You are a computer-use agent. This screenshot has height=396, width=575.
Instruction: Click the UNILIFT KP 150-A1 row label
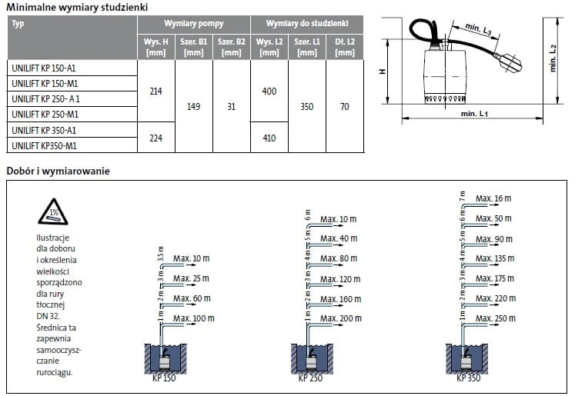point(43,68)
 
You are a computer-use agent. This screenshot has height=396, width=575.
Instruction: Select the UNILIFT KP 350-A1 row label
point(44,131)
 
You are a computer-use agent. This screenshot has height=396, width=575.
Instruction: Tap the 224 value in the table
point(155,138)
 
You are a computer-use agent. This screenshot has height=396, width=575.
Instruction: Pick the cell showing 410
point(269,138)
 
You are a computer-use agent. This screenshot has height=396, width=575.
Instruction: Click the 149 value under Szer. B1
point(194,107)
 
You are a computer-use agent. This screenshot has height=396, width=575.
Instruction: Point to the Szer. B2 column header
point(232,47)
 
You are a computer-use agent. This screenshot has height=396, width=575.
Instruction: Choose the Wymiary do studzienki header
point(307,23)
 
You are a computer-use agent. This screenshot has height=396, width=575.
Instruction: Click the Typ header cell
point(18,24)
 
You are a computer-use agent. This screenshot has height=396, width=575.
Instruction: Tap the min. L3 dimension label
point(478,29)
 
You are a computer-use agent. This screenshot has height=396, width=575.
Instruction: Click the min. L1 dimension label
point(474,114)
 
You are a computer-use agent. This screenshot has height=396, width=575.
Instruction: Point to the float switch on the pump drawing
point(508,64)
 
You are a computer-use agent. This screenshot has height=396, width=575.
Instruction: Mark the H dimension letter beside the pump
point(383,72)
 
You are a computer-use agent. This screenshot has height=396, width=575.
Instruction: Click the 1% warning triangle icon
point(53,211)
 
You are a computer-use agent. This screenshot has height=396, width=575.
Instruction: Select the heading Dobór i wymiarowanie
point(58,171)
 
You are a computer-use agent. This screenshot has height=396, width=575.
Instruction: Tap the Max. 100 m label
point(194,318)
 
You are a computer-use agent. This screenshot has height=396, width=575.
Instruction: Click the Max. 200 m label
point(341,318)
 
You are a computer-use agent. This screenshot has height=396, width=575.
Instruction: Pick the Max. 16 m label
point(493,198)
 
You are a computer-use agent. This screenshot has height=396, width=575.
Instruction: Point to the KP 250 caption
point(310,378)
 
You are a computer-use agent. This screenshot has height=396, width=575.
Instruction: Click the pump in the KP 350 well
point(467,362)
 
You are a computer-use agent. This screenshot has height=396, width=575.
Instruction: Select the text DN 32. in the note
point(48,316)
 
